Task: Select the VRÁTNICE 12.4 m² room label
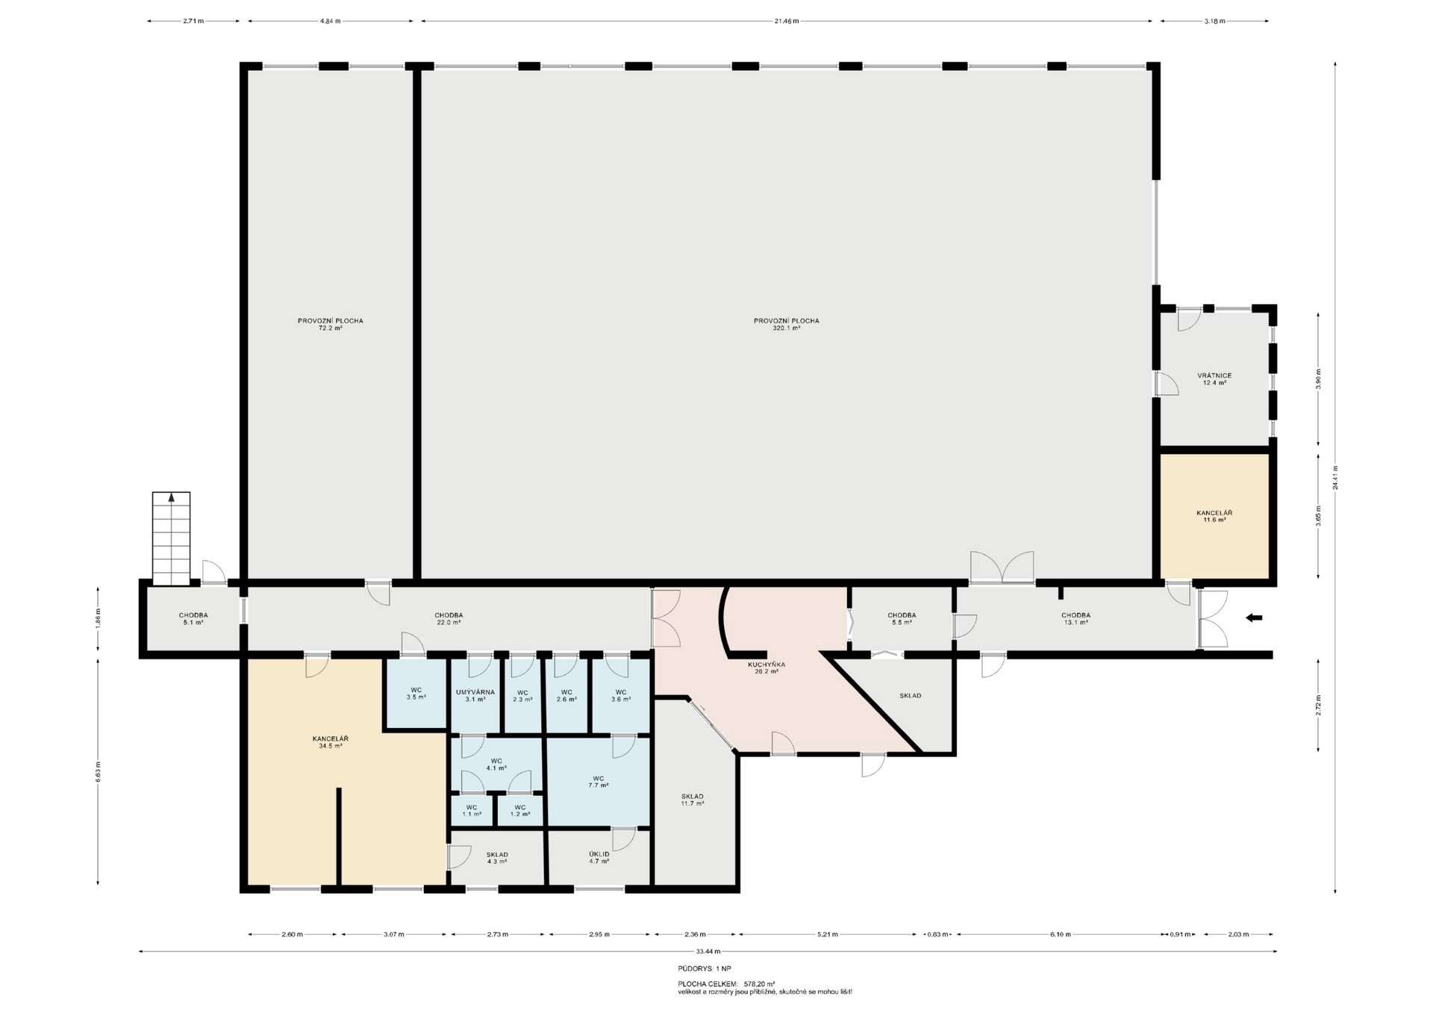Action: click(1214, 379)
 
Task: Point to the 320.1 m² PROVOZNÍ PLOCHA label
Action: click(787, 324)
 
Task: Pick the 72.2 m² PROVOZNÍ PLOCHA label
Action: click(331, 324)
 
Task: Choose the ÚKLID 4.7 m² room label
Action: click(599, 857)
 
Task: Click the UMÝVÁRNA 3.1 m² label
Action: click(475, 696)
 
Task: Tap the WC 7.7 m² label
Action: click(599, 781)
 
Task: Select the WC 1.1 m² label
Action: click(472, 810)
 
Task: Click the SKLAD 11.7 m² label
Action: click(693, 800)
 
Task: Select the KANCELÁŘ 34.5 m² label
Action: click(331, 741)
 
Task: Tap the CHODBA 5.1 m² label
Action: click(193, 618)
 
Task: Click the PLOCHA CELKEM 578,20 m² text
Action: click(726, 984)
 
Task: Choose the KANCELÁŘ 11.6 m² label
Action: click(1214, 516)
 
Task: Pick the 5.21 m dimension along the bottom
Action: click(828, 934)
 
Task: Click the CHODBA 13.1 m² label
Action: click(1075, 618)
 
